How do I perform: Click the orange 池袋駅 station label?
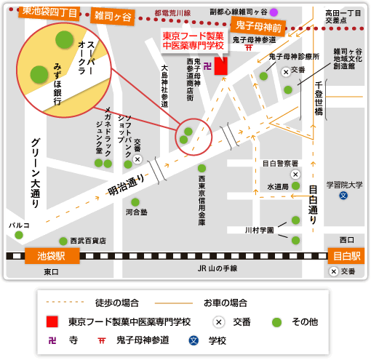[x=52, y=256]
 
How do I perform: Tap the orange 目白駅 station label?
[x=346, y=256]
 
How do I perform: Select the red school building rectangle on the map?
[x=221, y=66]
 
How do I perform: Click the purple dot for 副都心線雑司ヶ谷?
[x=274, y=12]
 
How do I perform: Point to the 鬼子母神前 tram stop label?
[x=258, y=26]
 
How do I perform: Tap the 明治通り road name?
[x=126, y=185]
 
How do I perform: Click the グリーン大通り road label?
[x=36, y=173]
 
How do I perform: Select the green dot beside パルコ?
[x=19, y=235]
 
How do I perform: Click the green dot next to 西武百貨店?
[x=63, y=241]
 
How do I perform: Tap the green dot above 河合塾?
[x=135, y=202]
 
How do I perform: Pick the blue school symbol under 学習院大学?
[x=343, y=196]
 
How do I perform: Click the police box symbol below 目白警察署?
[x=295, y=175]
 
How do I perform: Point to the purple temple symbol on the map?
[x=207, y=66]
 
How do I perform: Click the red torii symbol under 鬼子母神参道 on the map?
[x=249, y=47]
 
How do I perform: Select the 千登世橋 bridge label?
[x=319, y=98]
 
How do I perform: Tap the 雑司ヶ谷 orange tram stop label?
[x=113, y=16]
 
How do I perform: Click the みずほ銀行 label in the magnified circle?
[x=57, y=84]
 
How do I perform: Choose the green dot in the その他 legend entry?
[x=276, y=322]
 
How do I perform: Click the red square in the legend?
[x=52, y=321]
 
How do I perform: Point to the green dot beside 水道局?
[x=295, y=186]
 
